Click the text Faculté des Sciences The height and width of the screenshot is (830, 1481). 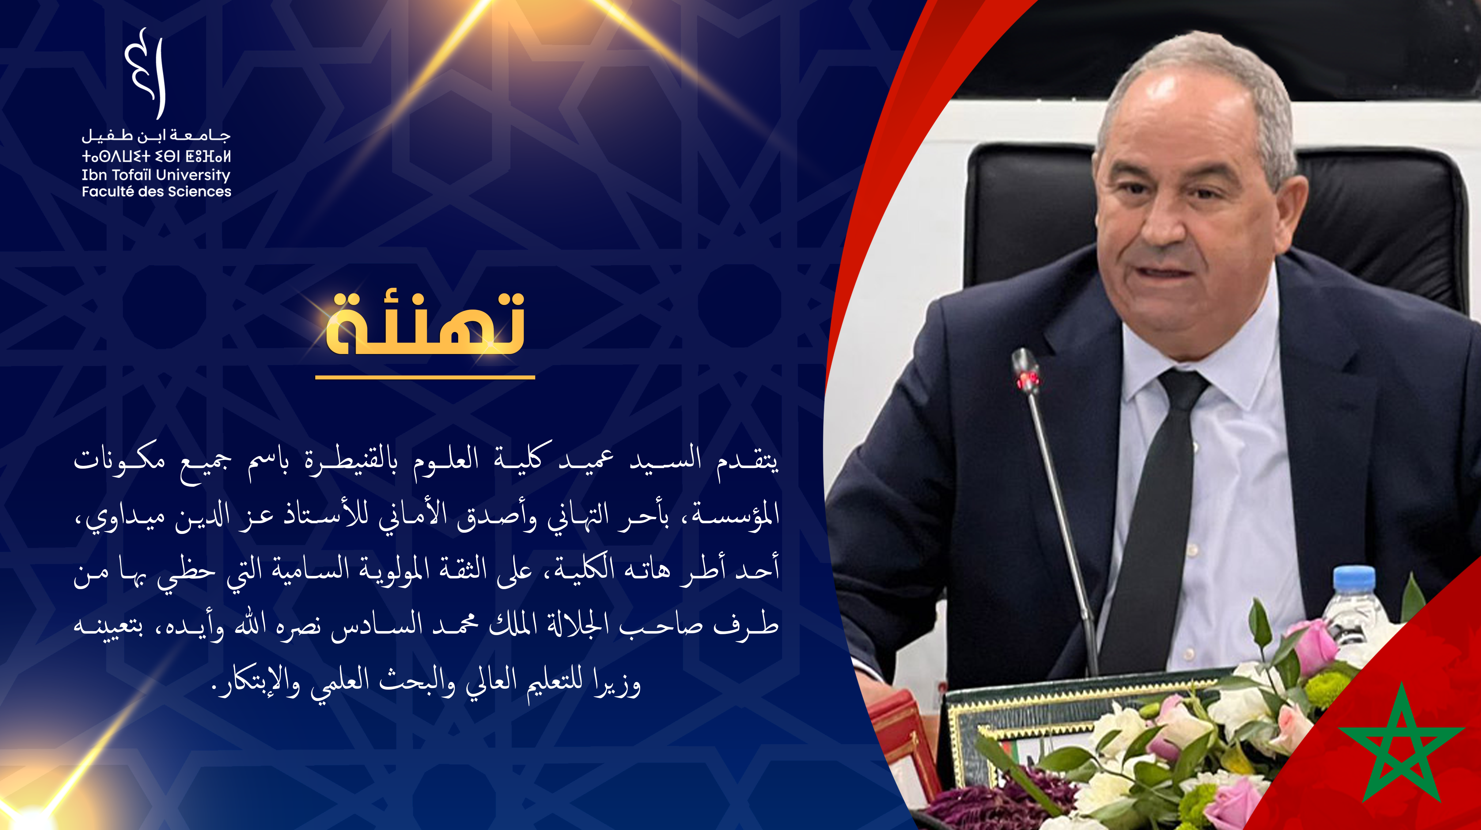tap(156, 192)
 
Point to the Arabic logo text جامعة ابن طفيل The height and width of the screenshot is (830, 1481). tap(156, 136)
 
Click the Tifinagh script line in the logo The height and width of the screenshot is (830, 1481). tap(156, 156)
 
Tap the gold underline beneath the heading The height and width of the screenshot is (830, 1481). tap(425, 377)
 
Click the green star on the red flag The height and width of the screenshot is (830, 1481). tap(1401, 742)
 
